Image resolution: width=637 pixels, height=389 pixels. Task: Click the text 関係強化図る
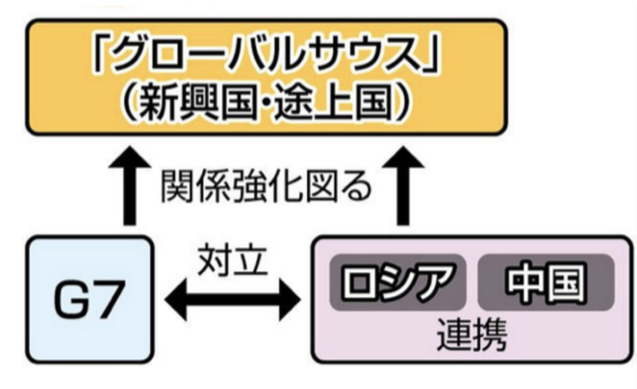point(266,187)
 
